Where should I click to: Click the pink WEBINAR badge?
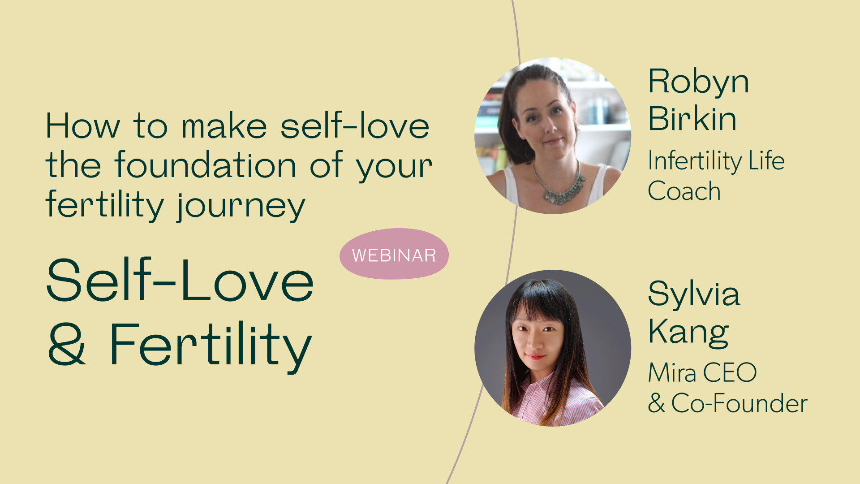[x=394, y=254]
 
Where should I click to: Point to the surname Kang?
[x=688, y=332]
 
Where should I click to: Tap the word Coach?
[x=684, y=191]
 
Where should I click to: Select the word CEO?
[x=730, y=372]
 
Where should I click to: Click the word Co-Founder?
[x=739, y=403]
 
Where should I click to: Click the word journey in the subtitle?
[x=241, y=206]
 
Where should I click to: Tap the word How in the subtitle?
[x=83, y=126]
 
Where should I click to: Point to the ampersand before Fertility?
[x=67, y=344]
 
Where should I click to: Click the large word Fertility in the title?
[x=211, y=346]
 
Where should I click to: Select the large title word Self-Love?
[x=180, y=280]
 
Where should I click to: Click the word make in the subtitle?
[x=224, y=126]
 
